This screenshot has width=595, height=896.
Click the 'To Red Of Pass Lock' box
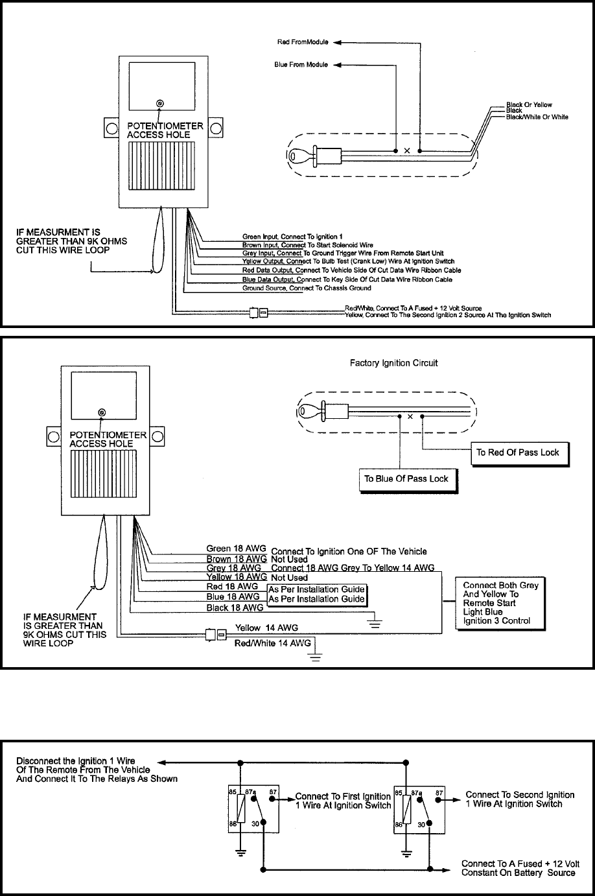518,453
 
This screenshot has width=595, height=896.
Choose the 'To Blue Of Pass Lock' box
406,479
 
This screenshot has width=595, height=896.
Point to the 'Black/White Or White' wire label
537,117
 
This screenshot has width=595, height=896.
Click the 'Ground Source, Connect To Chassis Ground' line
307,288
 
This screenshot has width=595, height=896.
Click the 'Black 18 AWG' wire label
235,607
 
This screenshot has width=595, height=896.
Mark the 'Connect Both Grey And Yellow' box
500,603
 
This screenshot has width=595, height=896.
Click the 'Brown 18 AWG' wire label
237,559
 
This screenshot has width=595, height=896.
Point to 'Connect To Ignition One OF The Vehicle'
349,551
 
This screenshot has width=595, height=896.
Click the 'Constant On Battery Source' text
518,873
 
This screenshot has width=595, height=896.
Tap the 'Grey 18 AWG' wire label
234,568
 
